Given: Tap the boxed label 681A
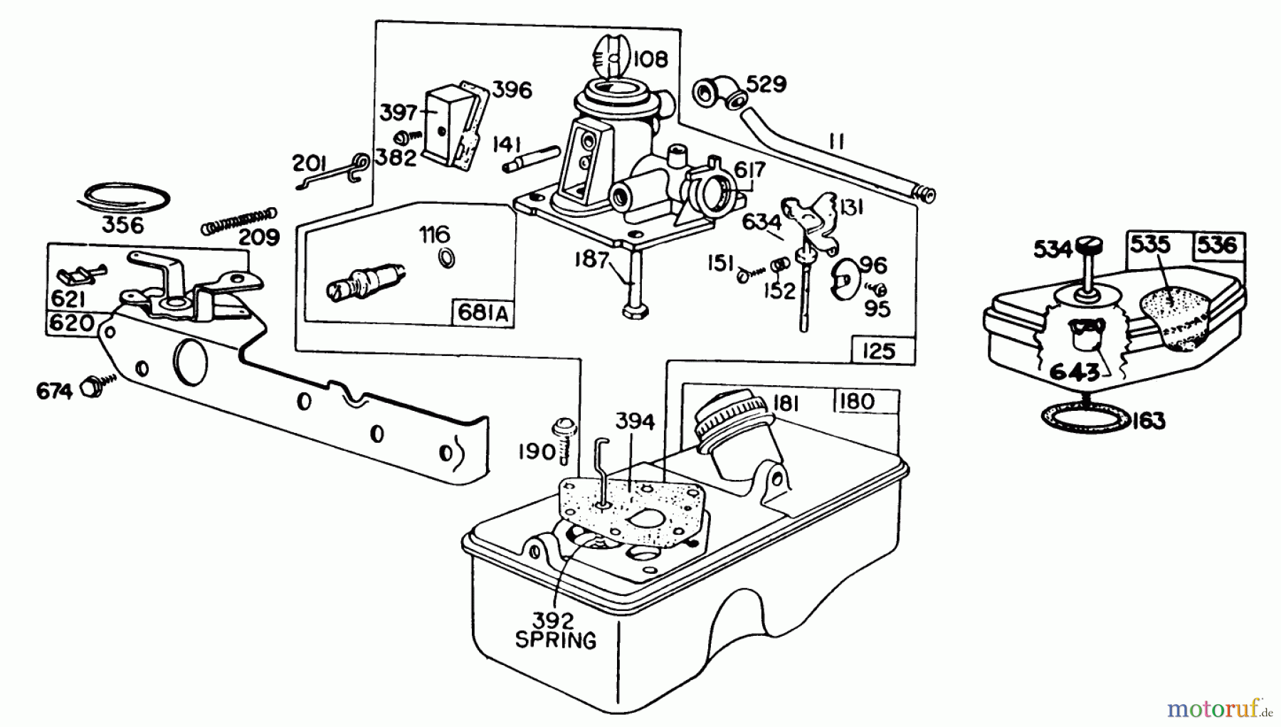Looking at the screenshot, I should click(x=483, y=314).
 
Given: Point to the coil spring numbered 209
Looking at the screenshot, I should click(x=238, y=219).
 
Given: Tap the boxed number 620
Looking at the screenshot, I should click(x=71, y=323).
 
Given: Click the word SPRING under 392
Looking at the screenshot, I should click(x=556, y=639).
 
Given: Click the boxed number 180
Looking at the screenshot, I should click(x=856, y=402).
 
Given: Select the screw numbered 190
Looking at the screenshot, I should click(x=562, y=436).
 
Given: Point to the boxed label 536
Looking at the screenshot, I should click(x=1218, y=245).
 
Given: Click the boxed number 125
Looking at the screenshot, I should click(x=878, y=351).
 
